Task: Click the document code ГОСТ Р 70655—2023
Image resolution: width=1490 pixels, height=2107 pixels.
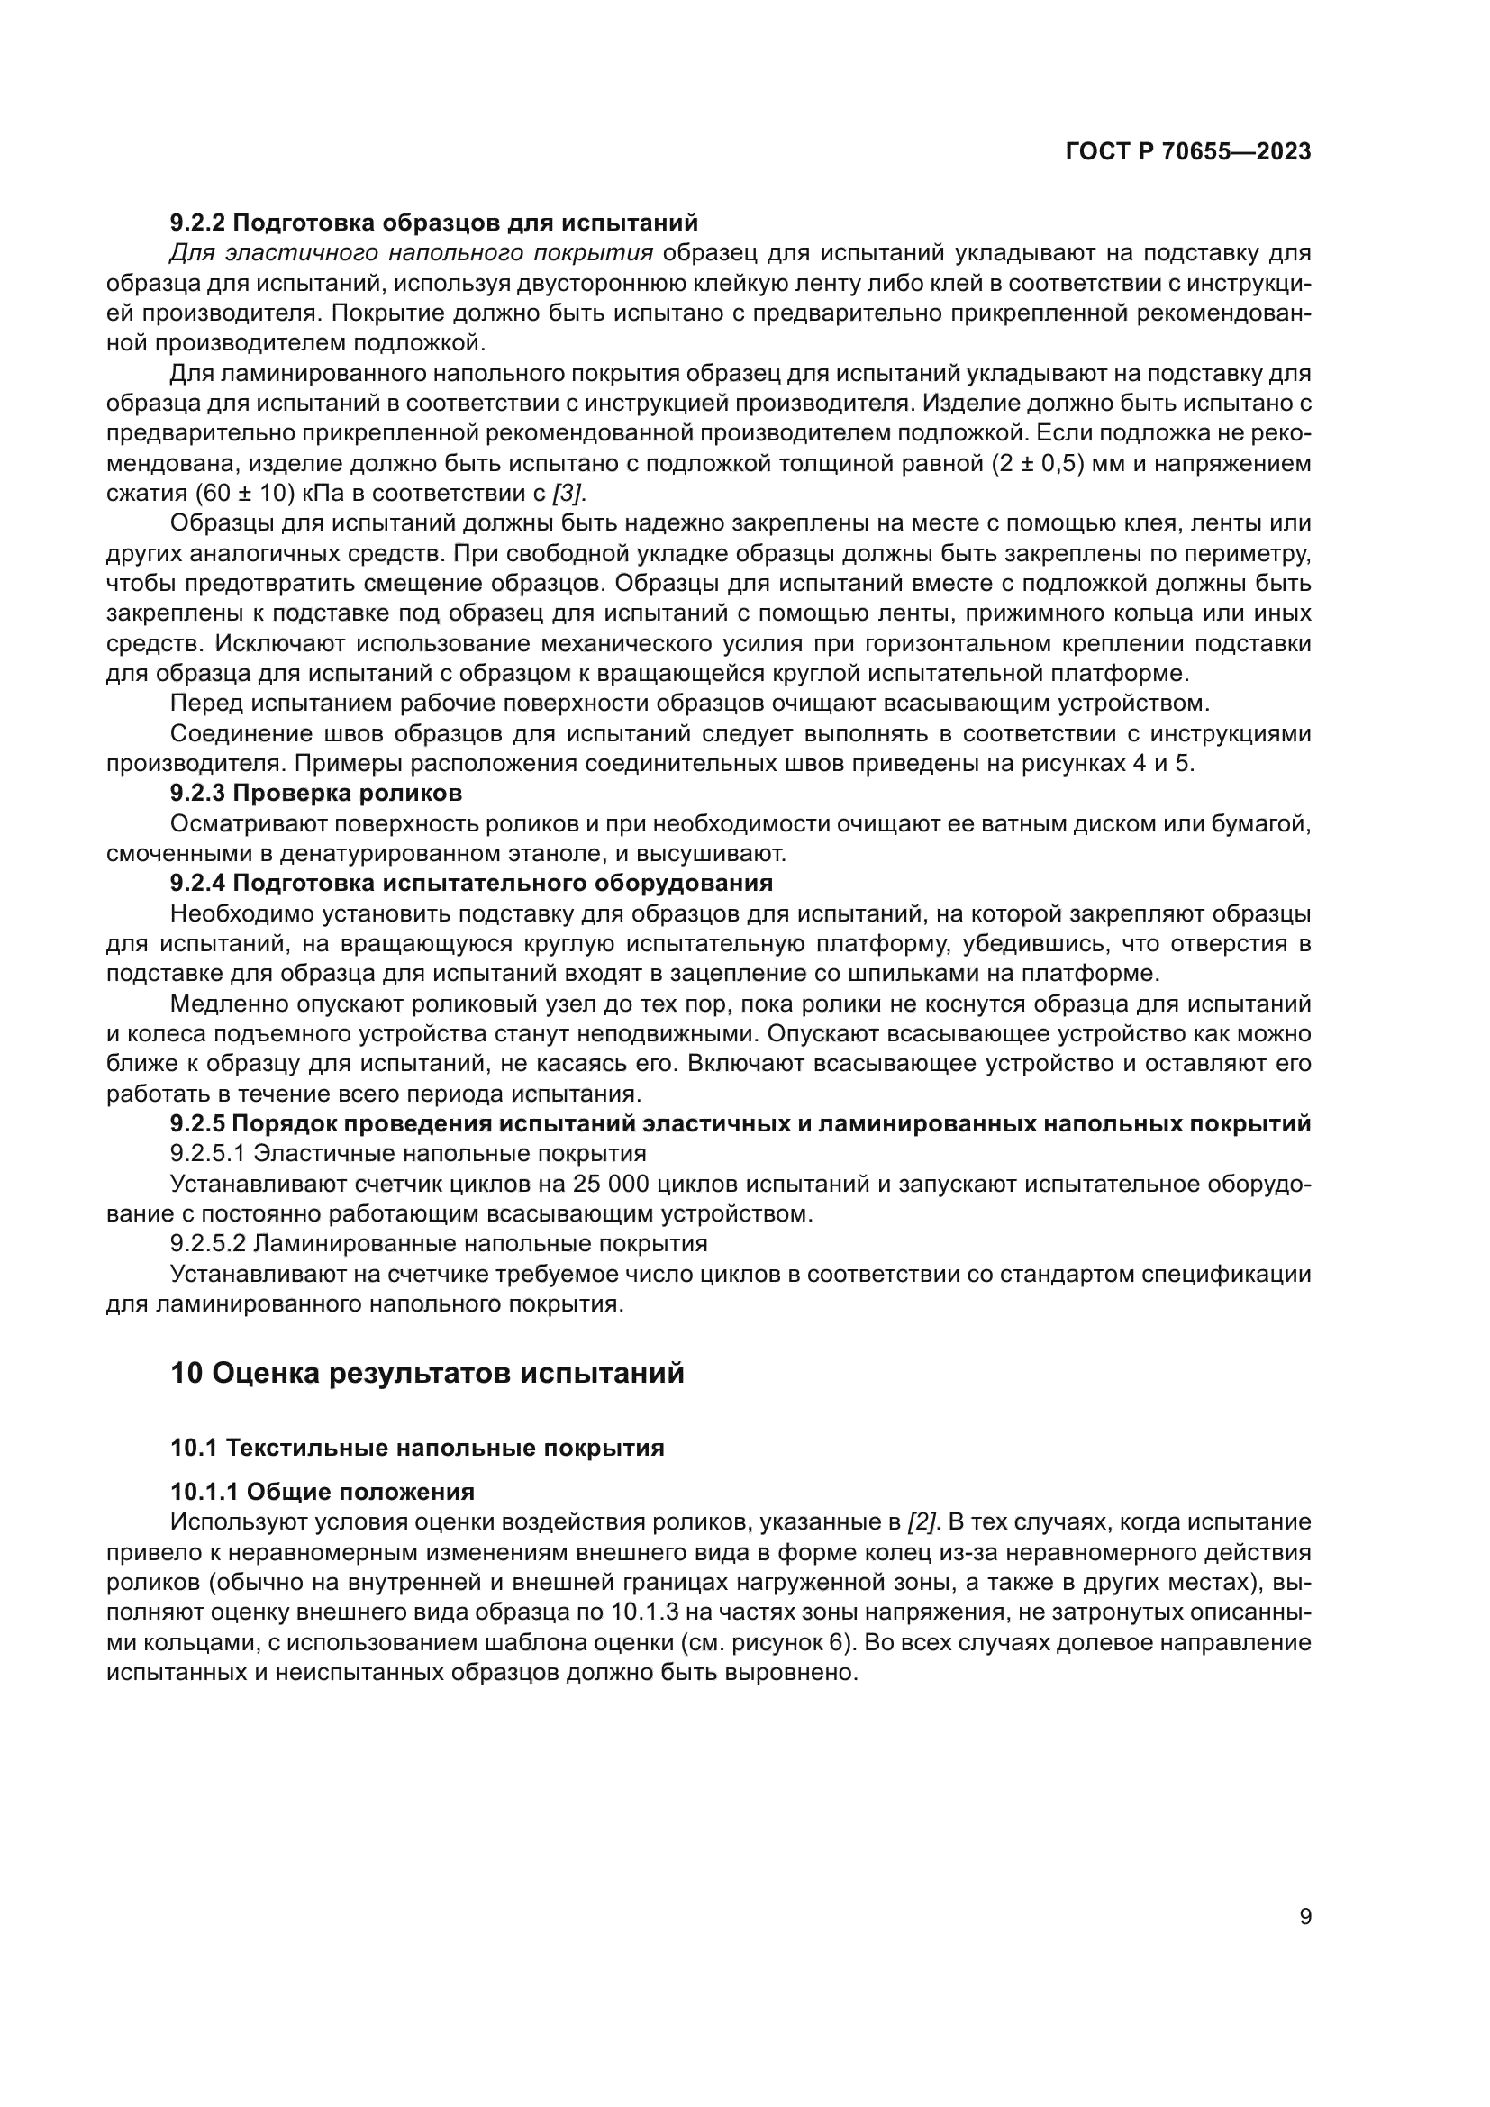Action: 1187,152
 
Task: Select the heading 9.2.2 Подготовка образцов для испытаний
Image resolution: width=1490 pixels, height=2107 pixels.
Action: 434,223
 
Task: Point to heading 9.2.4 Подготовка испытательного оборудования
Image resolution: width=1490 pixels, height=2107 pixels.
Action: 471,883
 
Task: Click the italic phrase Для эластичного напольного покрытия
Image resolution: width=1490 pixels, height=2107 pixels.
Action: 412,253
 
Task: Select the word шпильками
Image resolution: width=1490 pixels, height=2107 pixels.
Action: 950,973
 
